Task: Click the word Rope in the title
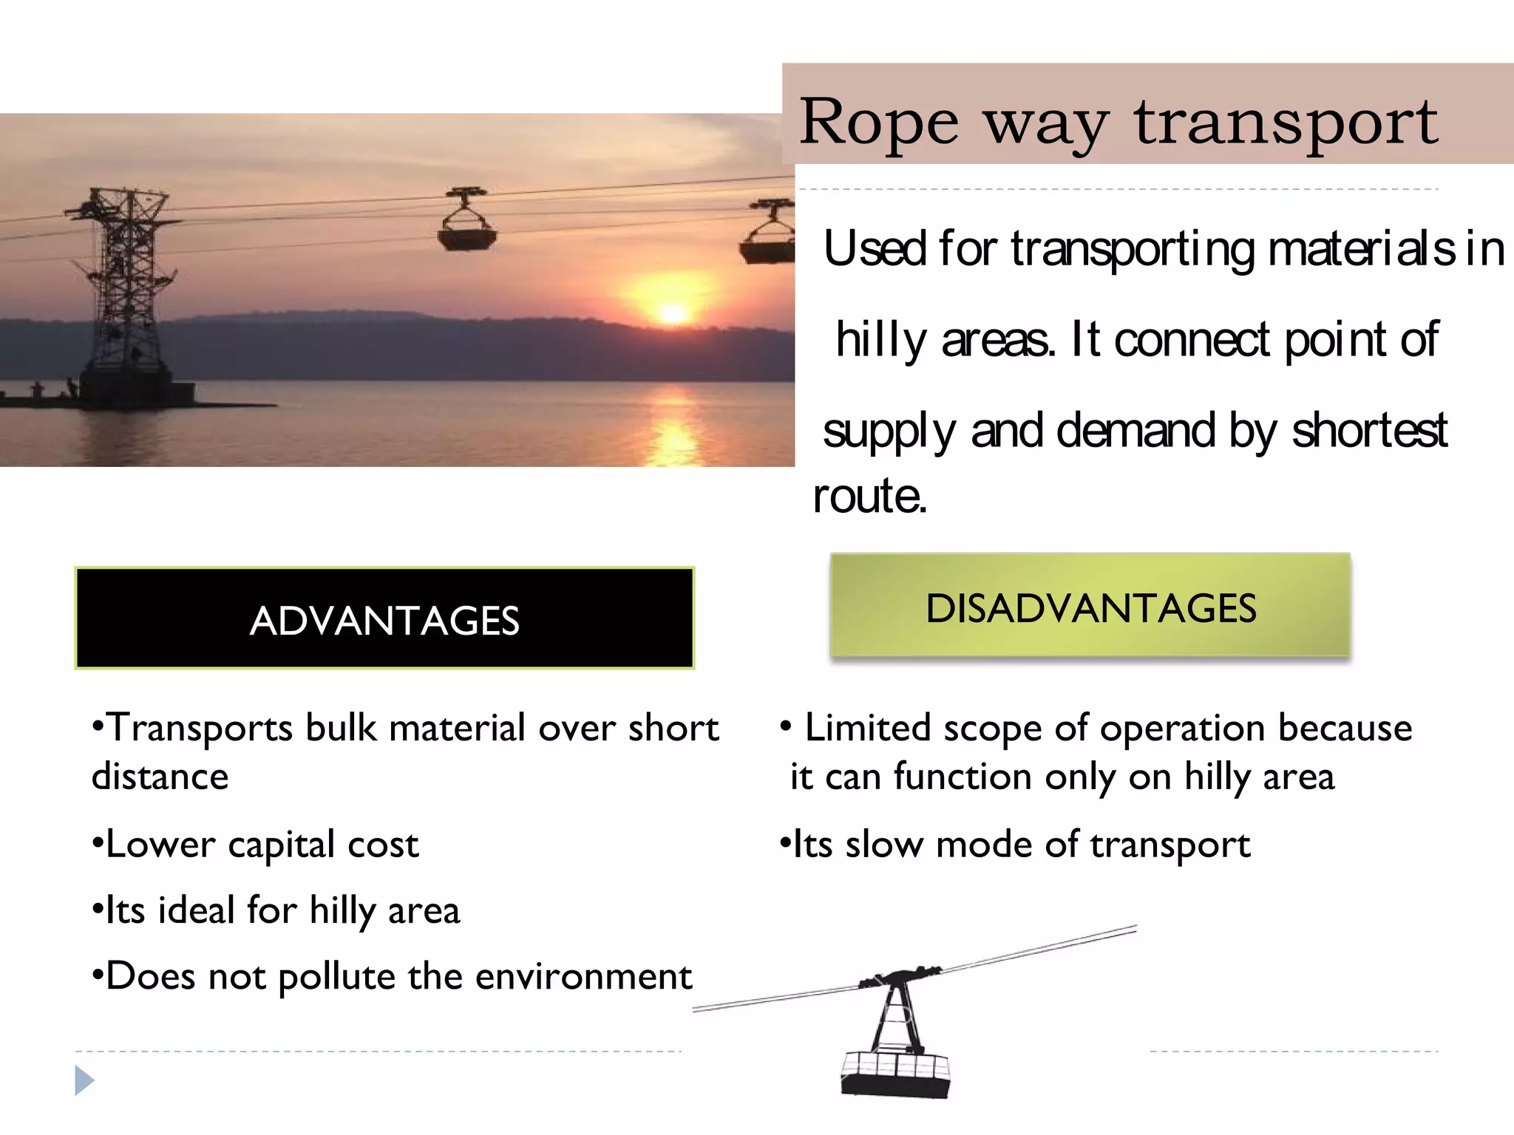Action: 878,123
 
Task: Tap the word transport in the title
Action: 1286,123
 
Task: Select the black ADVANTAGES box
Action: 384,618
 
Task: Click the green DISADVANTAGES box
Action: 1090,606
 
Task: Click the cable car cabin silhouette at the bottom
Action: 896,1071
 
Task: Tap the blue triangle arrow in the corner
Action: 84,1080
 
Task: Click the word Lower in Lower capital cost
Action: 161,844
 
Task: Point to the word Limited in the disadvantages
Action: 867,728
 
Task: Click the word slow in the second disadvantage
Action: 884,844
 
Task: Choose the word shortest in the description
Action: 1369,431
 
